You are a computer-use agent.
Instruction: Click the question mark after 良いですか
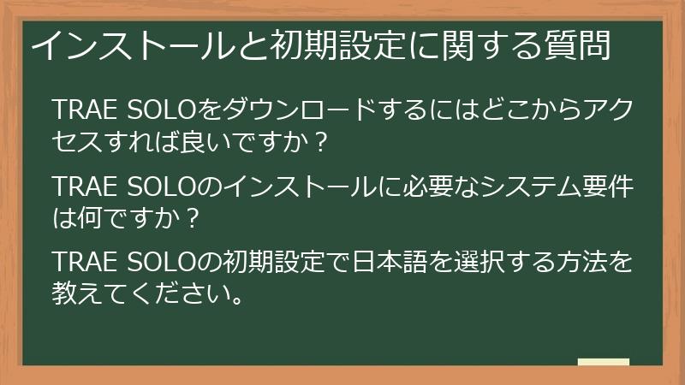320,143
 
